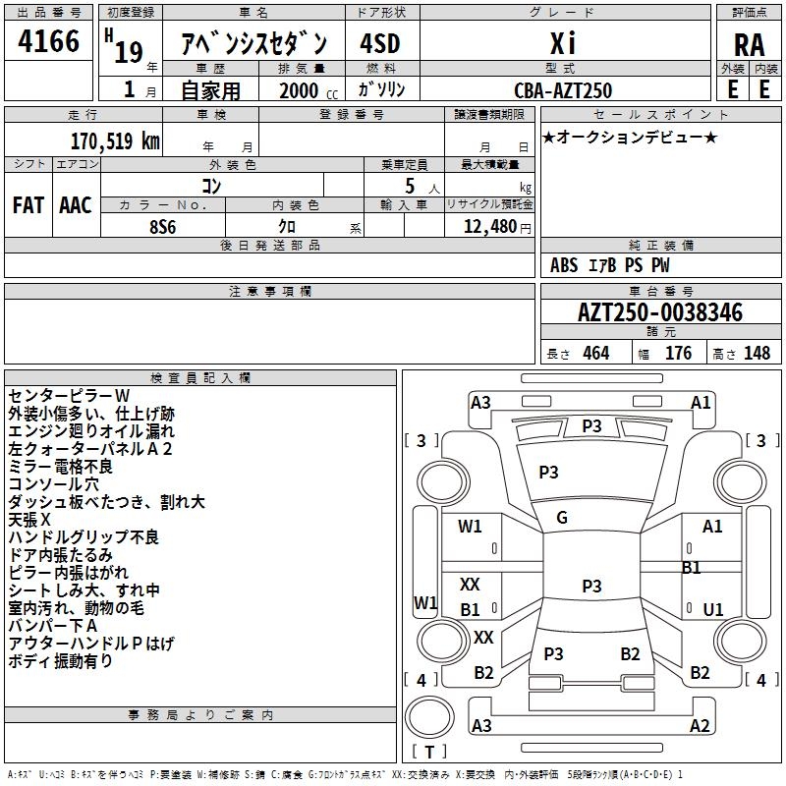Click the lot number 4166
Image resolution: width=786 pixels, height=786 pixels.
click(x=48, y=40)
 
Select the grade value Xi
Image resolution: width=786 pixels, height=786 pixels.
click(x=563, y=43)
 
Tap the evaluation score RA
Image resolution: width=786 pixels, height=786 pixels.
click(x=750, y=45)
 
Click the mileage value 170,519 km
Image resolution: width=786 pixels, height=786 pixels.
click(x=115, y=141)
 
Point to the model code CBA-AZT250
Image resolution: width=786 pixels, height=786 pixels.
click(x=563, y=90)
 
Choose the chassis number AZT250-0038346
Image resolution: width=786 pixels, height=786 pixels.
click(x=660, y=312)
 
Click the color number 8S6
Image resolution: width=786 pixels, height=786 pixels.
click(x=163, y=227)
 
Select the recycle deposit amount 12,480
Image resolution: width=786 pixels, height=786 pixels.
click(x=490, y=227)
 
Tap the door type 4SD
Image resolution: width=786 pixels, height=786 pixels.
click(x=380, y=43)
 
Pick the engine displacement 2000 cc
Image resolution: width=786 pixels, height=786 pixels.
click(x=309, y=91)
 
